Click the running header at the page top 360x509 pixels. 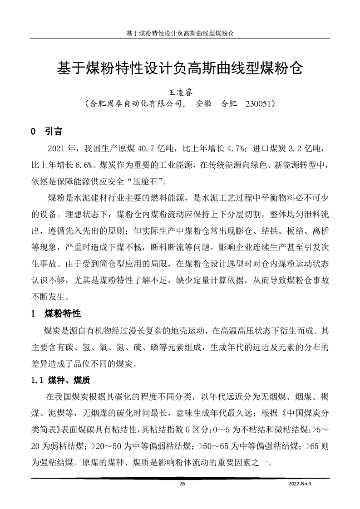click(x=180, y=34)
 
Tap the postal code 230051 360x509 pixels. click(x=258, y=104)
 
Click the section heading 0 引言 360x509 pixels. click(x=46, y=132)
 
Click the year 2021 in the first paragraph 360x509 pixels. click(x=56, y=148)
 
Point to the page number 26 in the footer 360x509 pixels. click(x=182, y=484)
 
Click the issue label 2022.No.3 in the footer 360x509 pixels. click(x=301, y=484)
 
